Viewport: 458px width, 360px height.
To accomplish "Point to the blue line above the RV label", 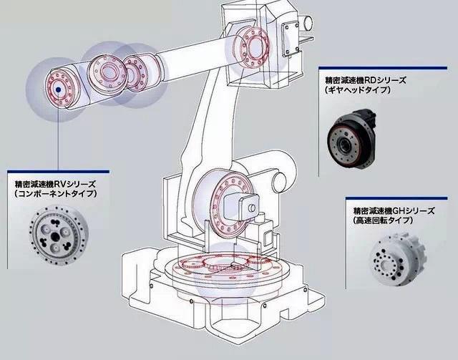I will coord(57,171).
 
